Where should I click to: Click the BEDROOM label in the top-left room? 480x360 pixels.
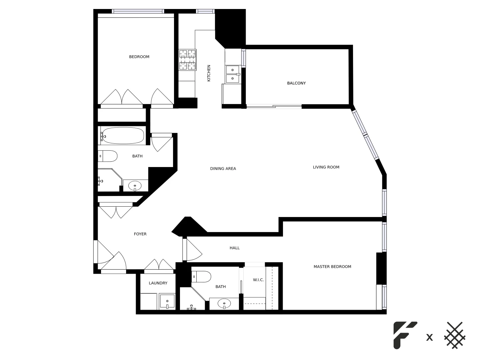139,57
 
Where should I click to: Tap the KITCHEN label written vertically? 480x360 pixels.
209,73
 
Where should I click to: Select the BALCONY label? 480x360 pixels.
296,83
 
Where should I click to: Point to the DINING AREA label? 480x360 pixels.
223,169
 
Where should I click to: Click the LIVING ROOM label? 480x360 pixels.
326,167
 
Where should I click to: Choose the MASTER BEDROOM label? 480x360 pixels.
332,267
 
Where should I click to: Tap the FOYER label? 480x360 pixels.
140,234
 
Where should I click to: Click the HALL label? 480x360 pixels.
235,248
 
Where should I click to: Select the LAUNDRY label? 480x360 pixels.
158,283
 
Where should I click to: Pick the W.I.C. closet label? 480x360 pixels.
258,280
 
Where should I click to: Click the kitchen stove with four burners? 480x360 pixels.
187,60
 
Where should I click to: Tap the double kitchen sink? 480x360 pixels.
233,74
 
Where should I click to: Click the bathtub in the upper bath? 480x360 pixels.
123,136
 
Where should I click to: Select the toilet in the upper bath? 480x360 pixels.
108,156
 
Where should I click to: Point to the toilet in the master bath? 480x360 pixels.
202,277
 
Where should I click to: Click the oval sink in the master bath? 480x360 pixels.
224,304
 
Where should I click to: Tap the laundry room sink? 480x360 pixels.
167,302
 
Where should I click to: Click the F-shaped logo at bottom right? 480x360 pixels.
404,335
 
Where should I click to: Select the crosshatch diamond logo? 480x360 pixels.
455,335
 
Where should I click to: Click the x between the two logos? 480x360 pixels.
430,338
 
